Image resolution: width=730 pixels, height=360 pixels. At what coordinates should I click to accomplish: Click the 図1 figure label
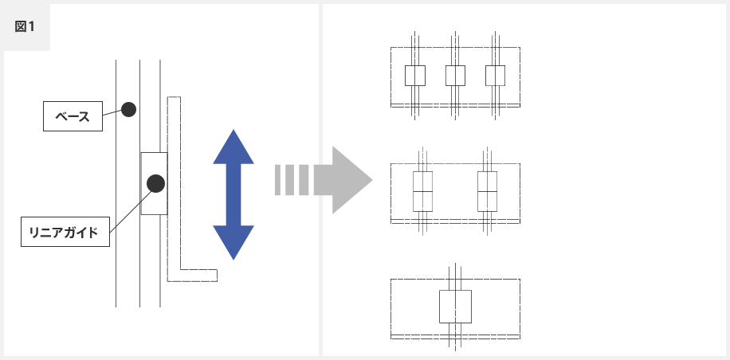25,26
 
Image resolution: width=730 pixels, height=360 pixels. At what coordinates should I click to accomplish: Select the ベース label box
73,116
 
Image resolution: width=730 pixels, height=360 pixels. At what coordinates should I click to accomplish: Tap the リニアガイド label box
65,232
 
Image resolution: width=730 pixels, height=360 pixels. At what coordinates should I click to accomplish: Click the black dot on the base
128,110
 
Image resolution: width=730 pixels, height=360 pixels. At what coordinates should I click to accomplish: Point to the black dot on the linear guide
155,183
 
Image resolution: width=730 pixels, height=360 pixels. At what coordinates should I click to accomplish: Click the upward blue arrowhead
234,147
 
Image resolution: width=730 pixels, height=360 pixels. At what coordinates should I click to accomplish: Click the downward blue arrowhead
234,243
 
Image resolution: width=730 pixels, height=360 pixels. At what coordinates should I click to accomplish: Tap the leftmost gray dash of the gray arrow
277,180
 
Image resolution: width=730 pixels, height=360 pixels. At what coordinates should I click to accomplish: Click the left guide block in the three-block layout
415,76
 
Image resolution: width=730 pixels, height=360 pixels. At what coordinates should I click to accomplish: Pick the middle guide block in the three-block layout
455,76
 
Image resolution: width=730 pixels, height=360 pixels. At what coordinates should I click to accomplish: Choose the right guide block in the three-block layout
496,76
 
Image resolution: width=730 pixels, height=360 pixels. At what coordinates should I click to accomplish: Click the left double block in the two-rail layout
422,192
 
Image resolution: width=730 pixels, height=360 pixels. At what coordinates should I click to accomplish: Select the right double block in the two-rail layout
488,192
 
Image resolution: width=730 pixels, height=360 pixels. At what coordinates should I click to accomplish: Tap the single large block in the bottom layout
455,307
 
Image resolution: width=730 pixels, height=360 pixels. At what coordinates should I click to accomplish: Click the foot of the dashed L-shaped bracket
198,276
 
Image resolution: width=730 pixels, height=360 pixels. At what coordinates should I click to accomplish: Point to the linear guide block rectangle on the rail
154,184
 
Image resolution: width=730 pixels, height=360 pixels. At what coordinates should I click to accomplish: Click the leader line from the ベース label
112,112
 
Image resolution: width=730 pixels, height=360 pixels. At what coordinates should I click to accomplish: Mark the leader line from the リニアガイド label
131,211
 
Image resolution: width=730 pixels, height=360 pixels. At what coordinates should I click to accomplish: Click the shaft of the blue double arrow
234,195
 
